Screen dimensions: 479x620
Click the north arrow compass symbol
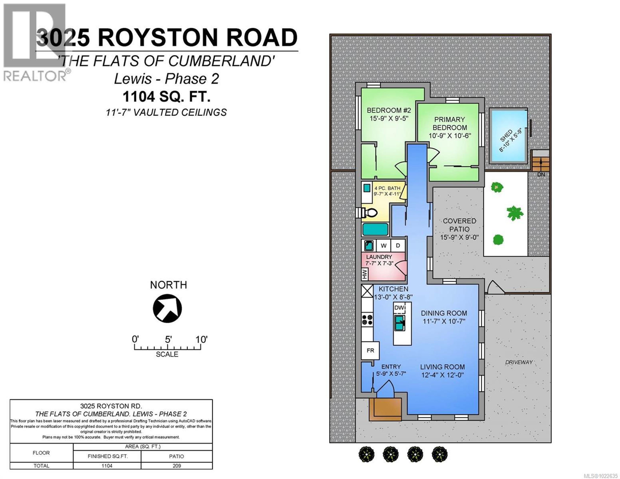tap(167, 308)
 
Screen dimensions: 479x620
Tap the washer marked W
tap(383, 246)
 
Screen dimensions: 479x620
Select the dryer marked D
tap(398, 246)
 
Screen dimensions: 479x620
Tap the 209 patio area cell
tap(177, 466)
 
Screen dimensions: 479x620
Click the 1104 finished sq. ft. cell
tap(107, 466)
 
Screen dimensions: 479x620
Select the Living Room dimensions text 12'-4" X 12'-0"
tap(442, 375)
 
